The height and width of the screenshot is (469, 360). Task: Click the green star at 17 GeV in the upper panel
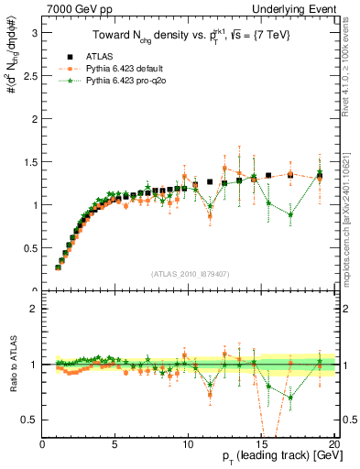click(x=290, y=215)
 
